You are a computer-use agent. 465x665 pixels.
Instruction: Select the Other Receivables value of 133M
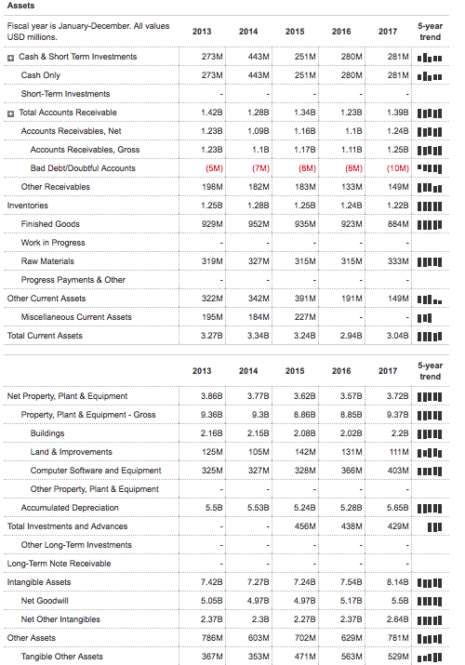coord(351,187)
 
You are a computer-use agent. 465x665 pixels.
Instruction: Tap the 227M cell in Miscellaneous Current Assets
coord(304,317)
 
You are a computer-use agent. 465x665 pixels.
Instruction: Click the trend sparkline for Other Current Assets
coord(429,299)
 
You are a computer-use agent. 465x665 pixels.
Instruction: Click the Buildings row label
coord(47,433)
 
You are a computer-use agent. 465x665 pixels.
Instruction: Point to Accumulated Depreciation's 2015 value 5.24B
coord(303,508)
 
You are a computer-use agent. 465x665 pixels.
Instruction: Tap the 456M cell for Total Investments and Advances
coord(304,526)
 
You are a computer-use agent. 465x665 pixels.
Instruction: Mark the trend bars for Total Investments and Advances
coord(432,526)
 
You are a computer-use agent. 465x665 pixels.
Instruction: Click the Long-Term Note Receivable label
coord(59,564)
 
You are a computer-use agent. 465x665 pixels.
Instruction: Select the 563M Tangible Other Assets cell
coord(351,657)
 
